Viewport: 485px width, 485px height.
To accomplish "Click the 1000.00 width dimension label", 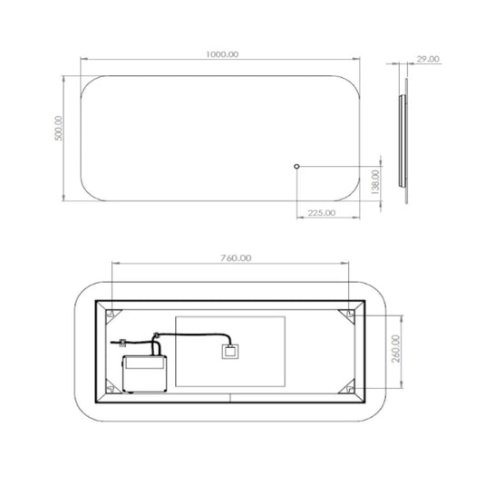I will pyautogui.click(x=221, y=55).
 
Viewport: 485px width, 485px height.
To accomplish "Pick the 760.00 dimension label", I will pyautogui.click(x=234, y=258).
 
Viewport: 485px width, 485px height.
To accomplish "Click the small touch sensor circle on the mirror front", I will pyautogui.click(x=296, y=167).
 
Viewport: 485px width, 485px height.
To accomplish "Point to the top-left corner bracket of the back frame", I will pyautogui.click(x=111, y=315).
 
